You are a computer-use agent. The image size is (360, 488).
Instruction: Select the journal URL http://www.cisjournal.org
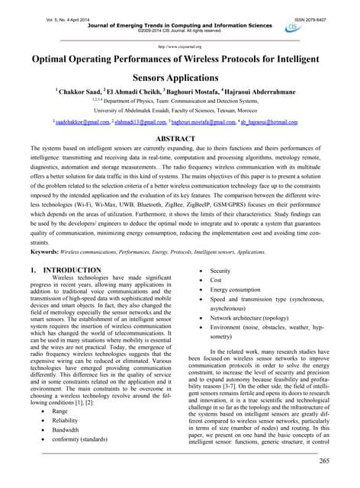click(x=180, y=47)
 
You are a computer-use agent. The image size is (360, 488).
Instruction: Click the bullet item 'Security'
click(x=221, y=271)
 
